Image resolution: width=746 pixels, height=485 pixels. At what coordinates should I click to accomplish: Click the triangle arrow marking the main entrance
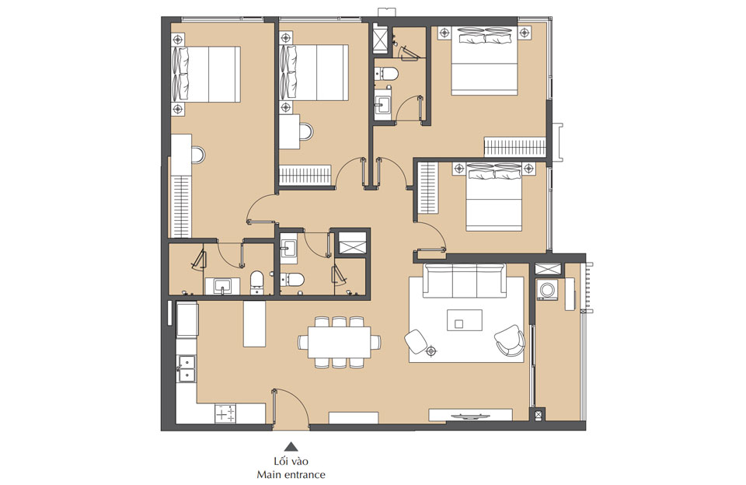[291, 447]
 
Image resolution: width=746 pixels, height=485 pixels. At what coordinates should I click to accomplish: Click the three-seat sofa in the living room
[464, 281]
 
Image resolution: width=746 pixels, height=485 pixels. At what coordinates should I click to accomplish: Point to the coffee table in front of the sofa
[464, 319]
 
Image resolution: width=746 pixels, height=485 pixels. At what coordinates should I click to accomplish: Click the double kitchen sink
[186, 369]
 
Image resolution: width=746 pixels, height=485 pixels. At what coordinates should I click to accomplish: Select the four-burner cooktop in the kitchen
[225, 414]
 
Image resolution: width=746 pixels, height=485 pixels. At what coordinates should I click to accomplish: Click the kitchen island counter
[255, 323]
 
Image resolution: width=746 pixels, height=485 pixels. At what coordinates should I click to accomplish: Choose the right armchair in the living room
[510, 339]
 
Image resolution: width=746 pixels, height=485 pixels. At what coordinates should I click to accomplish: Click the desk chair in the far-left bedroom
[199, 155]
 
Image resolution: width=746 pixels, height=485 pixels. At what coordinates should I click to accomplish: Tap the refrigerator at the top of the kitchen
[187, 319]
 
